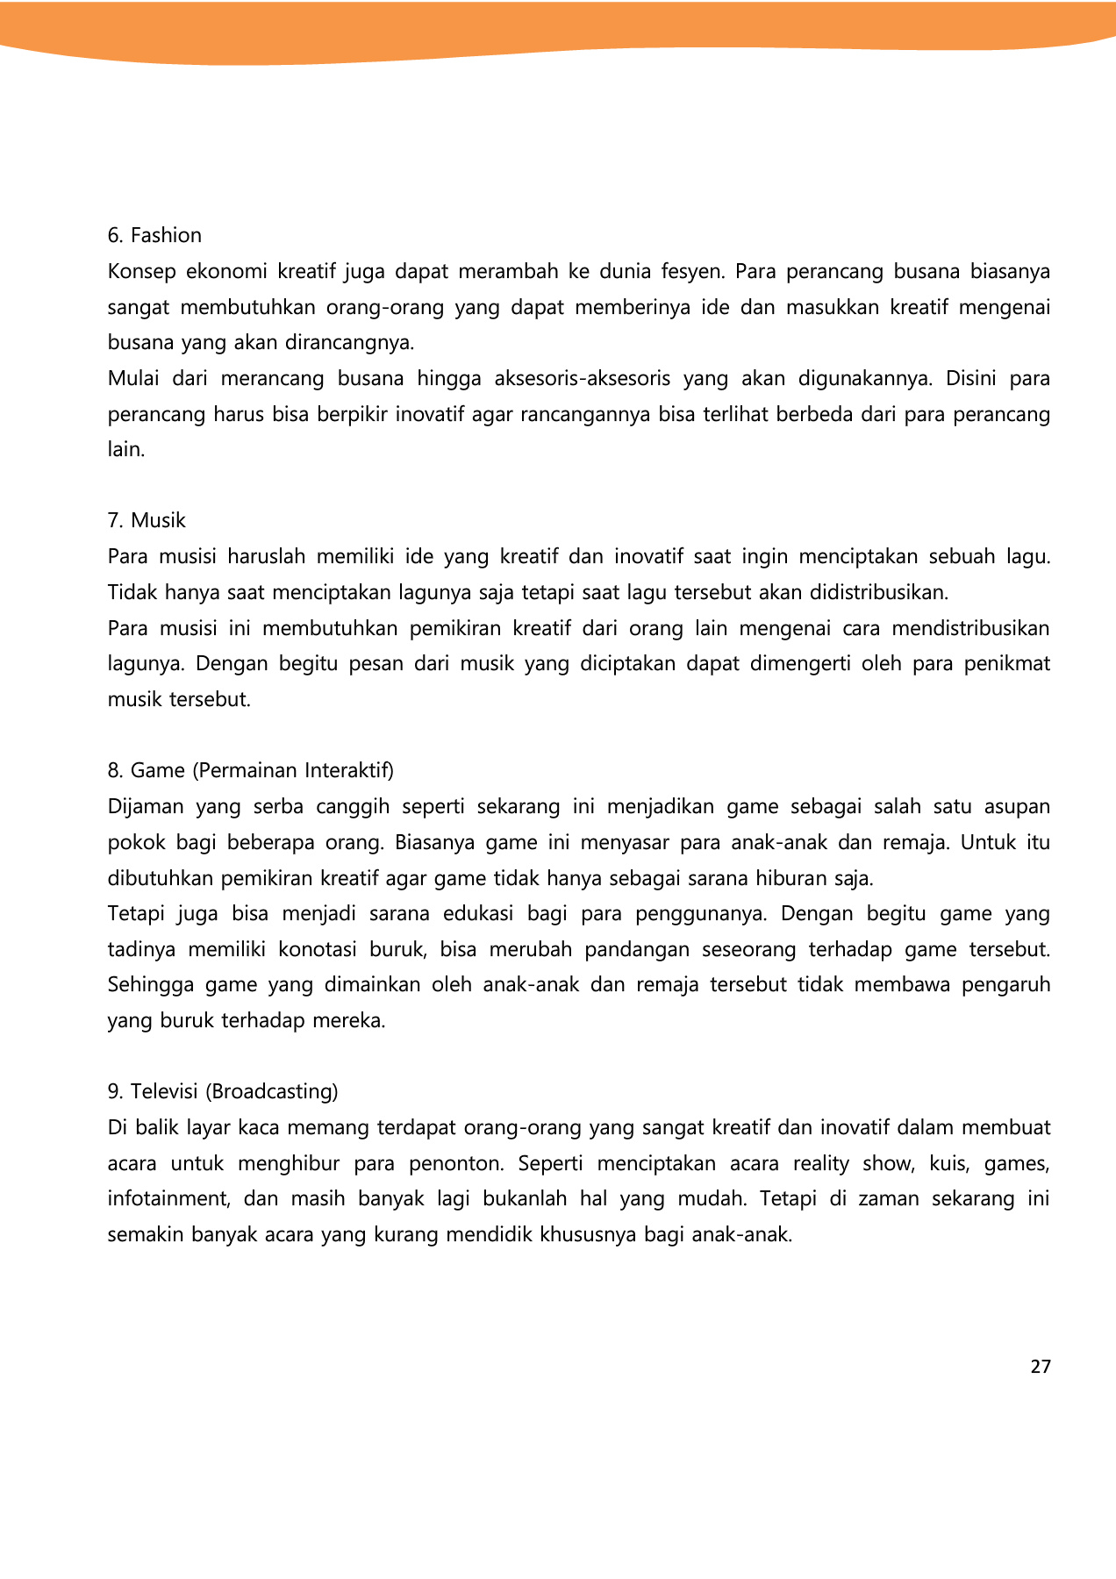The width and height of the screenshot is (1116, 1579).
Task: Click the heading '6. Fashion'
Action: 154,235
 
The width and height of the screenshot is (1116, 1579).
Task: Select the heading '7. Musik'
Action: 147,520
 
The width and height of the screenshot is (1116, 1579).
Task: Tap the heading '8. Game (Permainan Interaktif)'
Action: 251,770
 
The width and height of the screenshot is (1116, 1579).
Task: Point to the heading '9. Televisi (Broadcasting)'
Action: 223,1091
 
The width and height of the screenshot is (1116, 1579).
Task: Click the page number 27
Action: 1041,1367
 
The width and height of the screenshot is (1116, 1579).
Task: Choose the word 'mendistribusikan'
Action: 970,628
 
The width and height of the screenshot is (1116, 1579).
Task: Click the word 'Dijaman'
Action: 146,806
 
